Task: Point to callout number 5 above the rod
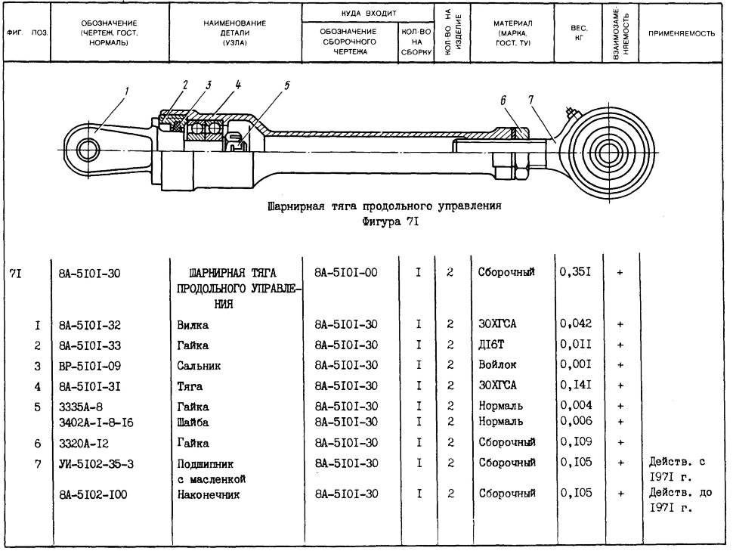286,85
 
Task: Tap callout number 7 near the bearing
531,100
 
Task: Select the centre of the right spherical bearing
611,152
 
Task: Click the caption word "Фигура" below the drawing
381,221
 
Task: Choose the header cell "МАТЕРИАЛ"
512,23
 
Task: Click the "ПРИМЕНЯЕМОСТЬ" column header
681,34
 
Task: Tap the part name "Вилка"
193,325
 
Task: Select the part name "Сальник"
199,366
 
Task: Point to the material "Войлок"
497,364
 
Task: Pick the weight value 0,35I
576,272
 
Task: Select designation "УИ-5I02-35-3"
96,464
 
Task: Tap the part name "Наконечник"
208,494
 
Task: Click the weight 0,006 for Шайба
577,421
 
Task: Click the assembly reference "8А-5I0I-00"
346,272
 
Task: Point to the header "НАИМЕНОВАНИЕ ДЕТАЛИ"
235,28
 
